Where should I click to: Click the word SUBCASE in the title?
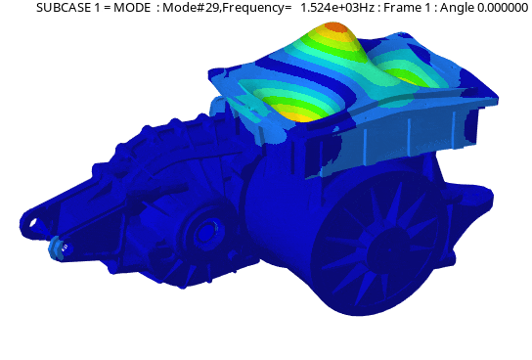pyautogui.click(x=64, y=7)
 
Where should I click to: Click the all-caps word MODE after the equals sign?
pyautogui.click(x=132, y=7)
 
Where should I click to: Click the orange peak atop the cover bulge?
pyautogui.click(x=334, y=27)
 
